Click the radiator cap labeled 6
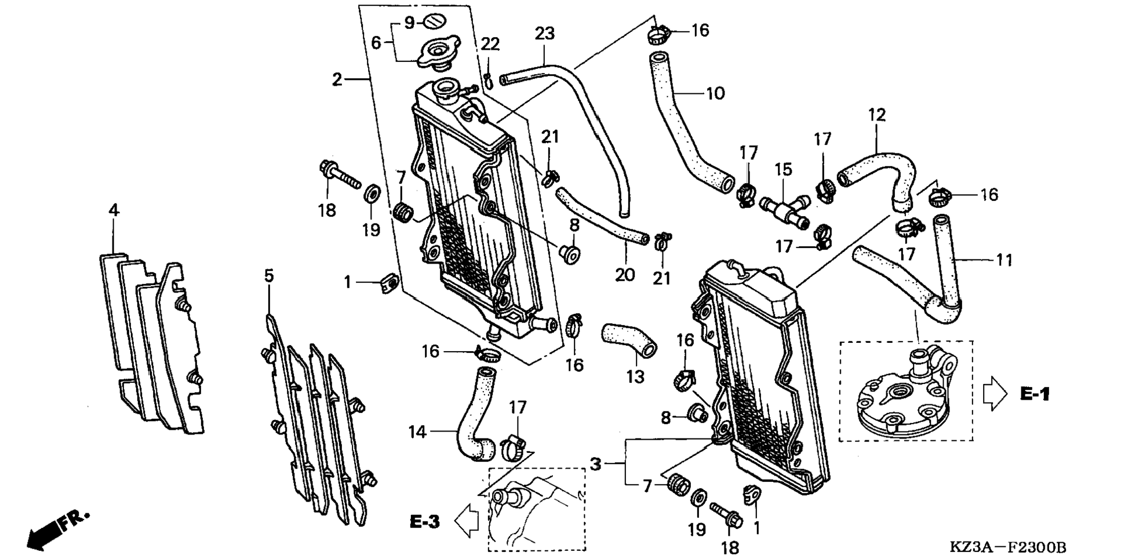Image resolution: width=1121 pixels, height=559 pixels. pyautogui.click(x=439, y=51)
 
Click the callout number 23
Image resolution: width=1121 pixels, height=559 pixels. pyautogui.click(x=544, y=34)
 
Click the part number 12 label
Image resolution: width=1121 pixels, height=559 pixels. pyautogui.click(x=877, y=115)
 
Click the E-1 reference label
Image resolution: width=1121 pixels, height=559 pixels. pyautogui.click(x=1035, y=394)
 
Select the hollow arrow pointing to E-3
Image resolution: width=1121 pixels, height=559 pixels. pyautogui.click(x=467, y=520)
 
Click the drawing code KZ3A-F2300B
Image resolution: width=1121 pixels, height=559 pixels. pyautogui.click(x=1007, y=547)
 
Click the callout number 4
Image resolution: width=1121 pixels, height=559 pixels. pyautogui.click(x=114, y=210)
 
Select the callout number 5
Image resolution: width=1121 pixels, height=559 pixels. pyautogui.click(x=269, y=276)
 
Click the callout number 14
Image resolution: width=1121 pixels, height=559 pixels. pyautogui.click(x=417, y=432)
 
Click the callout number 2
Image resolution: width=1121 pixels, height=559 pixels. pyautogui.click(x=337, y=79)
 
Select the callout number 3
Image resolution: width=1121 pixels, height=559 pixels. pyautogui.click(x=595, y=463)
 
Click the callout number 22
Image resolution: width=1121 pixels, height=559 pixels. pyautogui.click(x=490, y=44)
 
